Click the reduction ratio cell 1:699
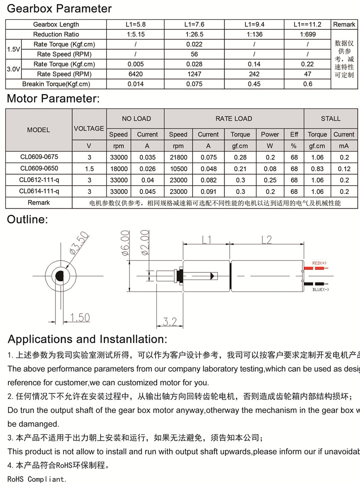click(x=308, y=34)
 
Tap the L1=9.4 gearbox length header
click(x=254, y=24)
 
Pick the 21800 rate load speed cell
click(x=178, y=157)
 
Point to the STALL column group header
click(x=331, y=119)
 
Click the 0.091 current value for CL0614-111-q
click(x=208, y=192)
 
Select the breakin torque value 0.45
click(x=254, y=84)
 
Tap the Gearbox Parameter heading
click(x=60, y=9)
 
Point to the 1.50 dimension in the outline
click(x=79, y=317)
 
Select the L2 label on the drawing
click(x=266, y=240)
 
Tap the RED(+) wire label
click(x=319, y=263)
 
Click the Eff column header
click(x=294, y=135)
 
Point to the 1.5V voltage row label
click(x=13, y=49)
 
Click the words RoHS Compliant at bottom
click(x=37, y=479)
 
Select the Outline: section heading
click(x=28, y=220)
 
